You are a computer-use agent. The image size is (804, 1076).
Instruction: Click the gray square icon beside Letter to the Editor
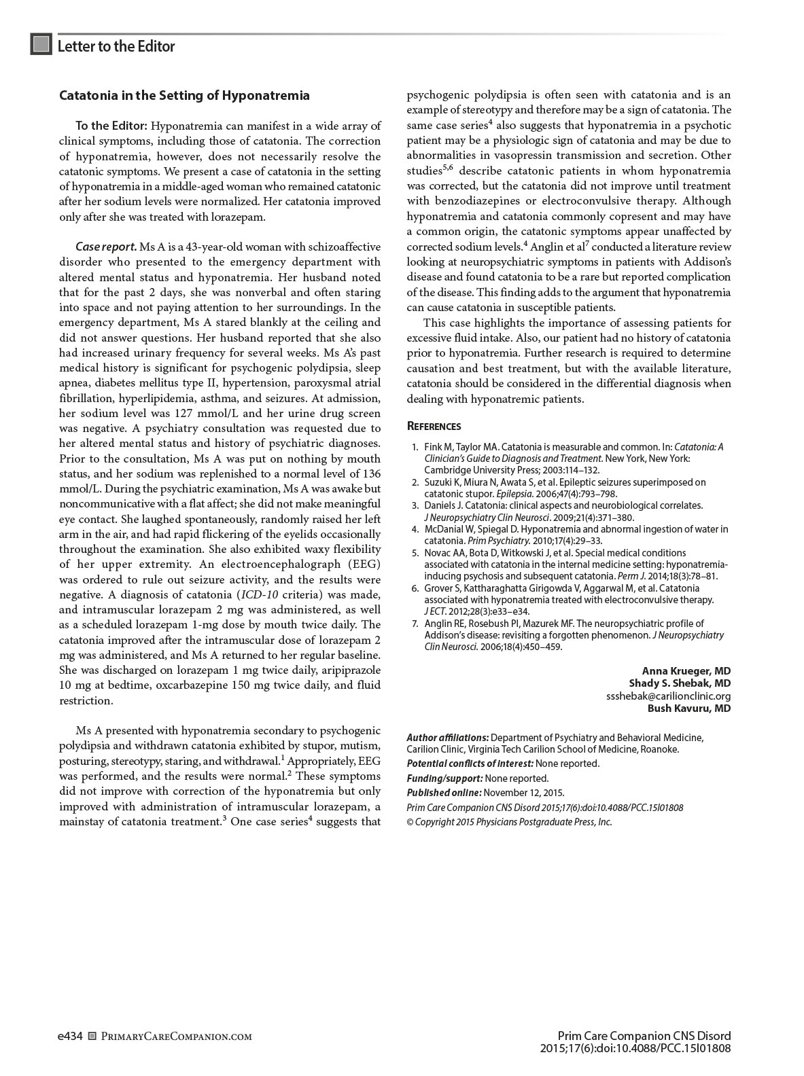pyautogui.click(x=41, y=45)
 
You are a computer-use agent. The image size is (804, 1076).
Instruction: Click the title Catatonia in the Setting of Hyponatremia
pyautogui.click(x=184, y=96)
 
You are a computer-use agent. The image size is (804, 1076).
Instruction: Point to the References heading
pyautogui.click(x=434, y=427)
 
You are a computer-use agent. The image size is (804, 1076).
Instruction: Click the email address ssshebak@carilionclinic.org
pyautogui.click(x=668, y=696)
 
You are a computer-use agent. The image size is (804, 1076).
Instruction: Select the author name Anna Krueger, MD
pyautogui.click(x=686, y=671)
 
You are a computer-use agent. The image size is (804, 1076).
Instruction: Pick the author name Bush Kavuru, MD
pyautogui.click(x=688, y=709)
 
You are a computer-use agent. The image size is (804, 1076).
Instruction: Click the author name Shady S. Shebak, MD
pyautogui.click(x=679, y=683)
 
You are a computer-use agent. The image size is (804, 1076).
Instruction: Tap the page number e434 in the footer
pyautogui.click(x=71, y=1037)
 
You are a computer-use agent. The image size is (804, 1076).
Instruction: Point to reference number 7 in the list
pyautogui.click(x=415, y=624)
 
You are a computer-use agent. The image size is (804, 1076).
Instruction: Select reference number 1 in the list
pyautogui.click(x=415, y=447)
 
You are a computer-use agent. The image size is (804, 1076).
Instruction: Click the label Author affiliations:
pyautogui.click(x=447, y=738)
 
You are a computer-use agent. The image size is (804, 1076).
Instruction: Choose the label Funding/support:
pyautogui.click(x=444, y=778)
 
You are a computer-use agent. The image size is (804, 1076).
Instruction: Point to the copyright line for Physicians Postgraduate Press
pyautogui.click(x=509, y=822)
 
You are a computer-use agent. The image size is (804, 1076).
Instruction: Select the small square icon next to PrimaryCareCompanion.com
pyautogui.click(x=93, y=1037)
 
